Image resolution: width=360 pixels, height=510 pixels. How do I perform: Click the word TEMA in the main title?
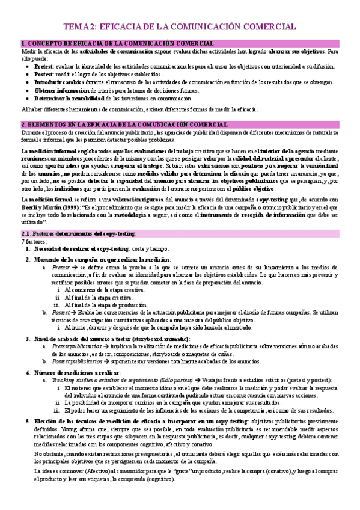point(76,27)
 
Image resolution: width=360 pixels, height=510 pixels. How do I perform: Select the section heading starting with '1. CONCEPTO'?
point(118,44)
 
